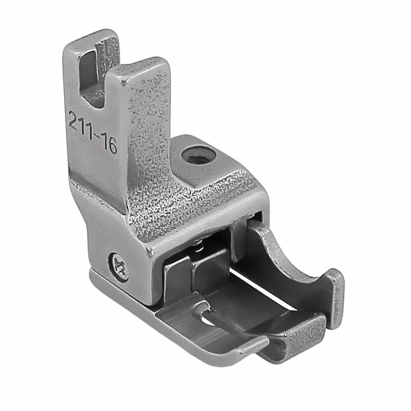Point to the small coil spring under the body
[199, 245]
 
